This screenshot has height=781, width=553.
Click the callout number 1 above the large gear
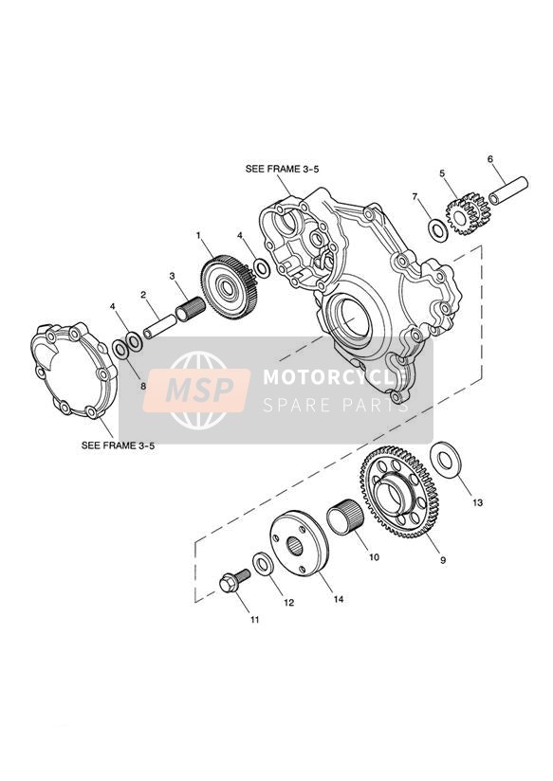click(x=198, y=234)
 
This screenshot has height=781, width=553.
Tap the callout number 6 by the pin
click(x=490, y=159)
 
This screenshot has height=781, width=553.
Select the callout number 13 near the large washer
click(x=478, y=503)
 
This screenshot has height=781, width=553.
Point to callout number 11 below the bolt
click(x=255, y=620)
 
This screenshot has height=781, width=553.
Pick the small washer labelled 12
click(x=263, y=563)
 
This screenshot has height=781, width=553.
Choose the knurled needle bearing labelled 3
click(x=191, y=309)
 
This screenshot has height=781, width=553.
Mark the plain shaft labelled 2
click(x=159, y=326)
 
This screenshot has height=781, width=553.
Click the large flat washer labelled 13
click(x=445, y=461)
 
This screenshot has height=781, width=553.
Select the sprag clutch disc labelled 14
click(x=299, y=543)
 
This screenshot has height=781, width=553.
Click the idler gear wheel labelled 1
click(x=230, y=287)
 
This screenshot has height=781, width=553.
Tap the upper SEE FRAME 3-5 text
click(x=283, y=169)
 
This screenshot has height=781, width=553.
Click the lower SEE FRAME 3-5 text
click(x=119, y=445)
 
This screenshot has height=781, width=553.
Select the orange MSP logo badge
click(x=196, y=390)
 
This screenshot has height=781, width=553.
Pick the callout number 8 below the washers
click(x=142, y=386)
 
